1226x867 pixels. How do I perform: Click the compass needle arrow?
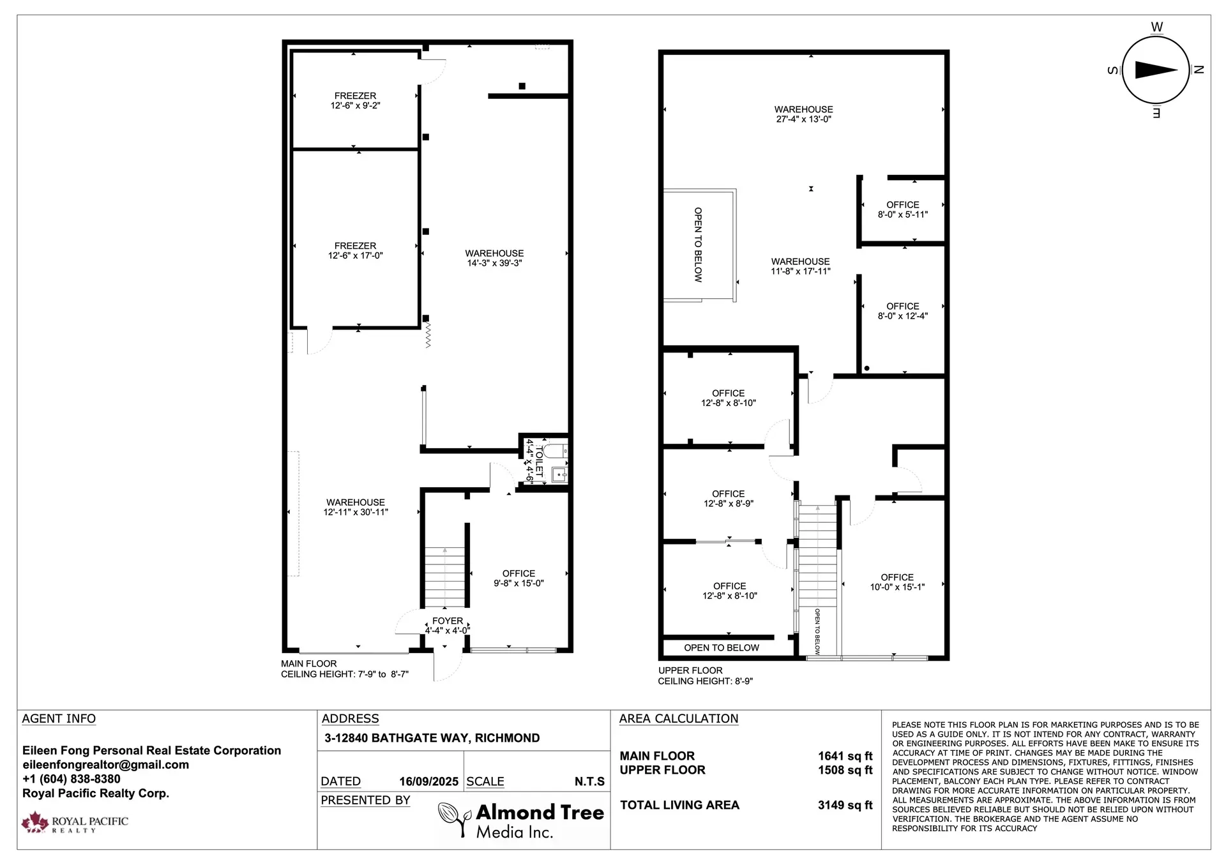click(x=1156, y=70)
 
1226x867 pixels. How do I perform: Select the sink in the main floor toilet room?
click(x=559, y=474)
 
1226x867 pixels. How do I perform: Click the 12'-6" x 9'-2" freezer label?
click(x=355, y=101)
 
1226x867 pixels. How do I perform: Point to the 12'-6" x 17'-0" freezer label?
click(x=355, y=251)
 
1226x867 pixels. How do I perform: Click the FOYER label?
click(x=447, y=621)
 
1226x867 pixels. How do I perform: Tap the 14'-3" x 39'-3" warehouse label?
click(x=494, y=259)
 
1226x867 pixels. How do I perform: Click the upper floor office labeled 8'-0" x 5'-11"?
click(x=902, y=210)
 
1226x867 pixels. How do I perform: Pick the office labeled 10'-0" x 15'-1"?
click(x=897, y=582)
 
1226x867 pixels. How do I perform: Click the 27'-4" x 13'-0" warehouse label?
click(x=803, y=114)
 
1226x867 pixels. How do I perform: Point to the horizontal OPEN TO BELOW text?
click(x=722, y=647)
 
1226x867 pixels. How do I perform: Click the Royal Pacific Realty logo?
click(x=74, y=822)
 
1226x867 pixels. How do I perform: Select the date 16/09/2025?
click(x=428, y=781)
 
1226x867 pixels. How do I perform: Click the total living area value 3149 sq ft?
click(x=844, y=805)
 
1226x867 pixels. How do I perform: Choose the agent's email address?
click(x=105, y=765)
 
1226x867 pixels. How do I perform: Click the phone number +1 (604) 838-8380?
click(x=72, y=779)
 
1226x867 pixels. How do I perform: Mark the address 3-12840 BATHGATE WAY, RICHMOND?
click(x=432, y=738)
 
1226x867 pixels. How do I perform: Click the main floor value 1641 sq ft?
click(x=844, y=756)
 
